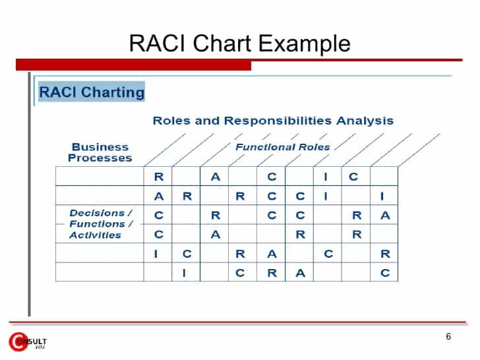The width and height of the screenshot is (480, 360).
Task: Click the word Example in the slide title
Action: point(304,44)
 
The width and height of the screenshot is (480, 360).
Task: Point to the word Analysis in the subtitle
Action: point(365,121)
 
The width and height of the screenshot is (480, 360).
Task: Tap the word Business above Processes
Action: point(100,147)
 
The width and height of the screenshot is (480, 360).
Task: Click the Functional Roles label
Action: point(282,147)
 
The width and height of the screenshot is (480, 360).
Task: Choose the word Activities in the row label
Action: point(96,235)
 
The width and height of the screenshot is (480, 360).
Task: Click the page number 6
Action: point(448,337)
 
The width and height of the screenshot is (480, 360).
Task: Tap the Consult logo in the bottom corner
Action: point(27,342)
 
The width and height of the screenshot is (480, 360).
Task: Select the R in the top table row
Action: point(158,177)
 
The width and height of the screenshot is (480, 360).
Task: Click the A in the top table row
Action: point(215,177)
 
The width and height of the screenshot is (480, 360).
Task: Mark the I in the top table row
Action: point(326,177)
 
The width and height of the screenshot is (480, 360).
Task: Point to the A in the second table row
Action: point(158,196)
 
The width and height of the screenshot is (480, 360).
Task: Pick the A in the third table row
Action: point(385,215)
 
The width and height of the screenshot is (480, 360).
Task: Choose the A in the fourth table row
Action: point(215,234)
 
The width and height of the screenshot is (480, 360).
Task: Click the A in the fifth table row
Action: point(272,254)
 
